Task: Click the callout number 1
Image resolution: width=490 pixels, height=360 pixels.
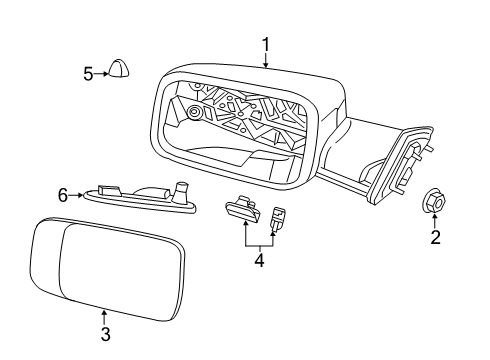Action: point(266,43)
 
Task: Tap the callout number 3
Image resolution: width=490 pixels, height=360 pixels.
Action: point(105,334)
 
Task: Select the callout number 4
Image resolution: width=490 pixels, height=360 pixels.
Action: point(258,260)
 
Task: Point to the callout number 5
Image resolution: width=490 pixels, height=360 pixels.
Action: point(88,72)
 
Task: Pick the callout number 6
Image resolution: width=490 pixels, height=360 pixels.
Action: point(63,195)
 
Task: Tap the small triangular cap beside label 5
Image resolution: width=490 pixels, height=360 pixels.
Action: point(120,70)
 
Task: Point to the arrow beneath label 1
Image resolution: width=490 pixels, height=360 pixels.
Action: point(266,60)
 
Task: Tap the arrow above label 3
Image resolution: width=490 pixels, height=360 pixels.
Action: point(105,317)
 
